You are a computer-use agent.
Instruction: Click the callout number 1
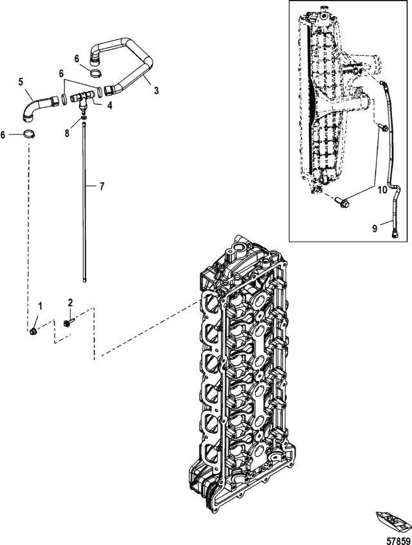(x=41, y=306)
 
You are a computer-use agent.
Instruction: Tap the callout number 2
(x=70, y=303)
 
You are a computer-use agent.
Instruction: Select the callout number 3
(x=156, y=91)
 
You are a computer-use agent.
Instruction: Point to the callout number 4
(x=109, y=105)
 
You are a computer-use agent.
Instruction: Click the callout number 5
(x=21, y=82)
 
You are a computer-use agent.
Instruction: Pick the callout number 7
(x=102, y=186)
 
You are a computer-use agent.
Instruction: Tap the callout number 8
(x=67, y=133)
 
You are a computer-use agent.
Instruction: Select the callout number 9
(x=375, y=228)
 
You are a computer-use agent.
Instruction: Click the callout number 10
(x=382, y=190)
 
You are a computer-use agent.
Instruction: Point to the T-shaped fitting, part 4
(x=82, y=100)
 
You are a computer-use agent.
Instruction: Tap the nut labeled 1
(x=32, y=331)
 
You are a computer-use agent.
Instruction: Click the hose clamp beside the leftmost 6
(x=29, y=133)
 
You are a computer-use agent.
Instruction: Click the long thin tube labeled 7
(x=84, y=202)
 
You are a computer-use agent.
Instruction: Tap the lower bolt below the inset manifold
(x=342, y=202)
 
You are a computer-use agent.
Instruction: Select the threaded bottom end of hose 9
(x=395, y=235)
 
